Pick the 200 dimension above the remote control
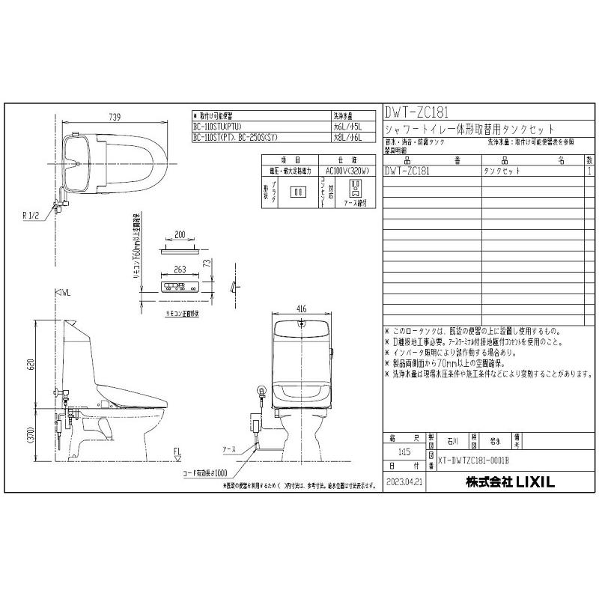tap(179, 234)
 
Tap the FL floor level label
tap(177, 451)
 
